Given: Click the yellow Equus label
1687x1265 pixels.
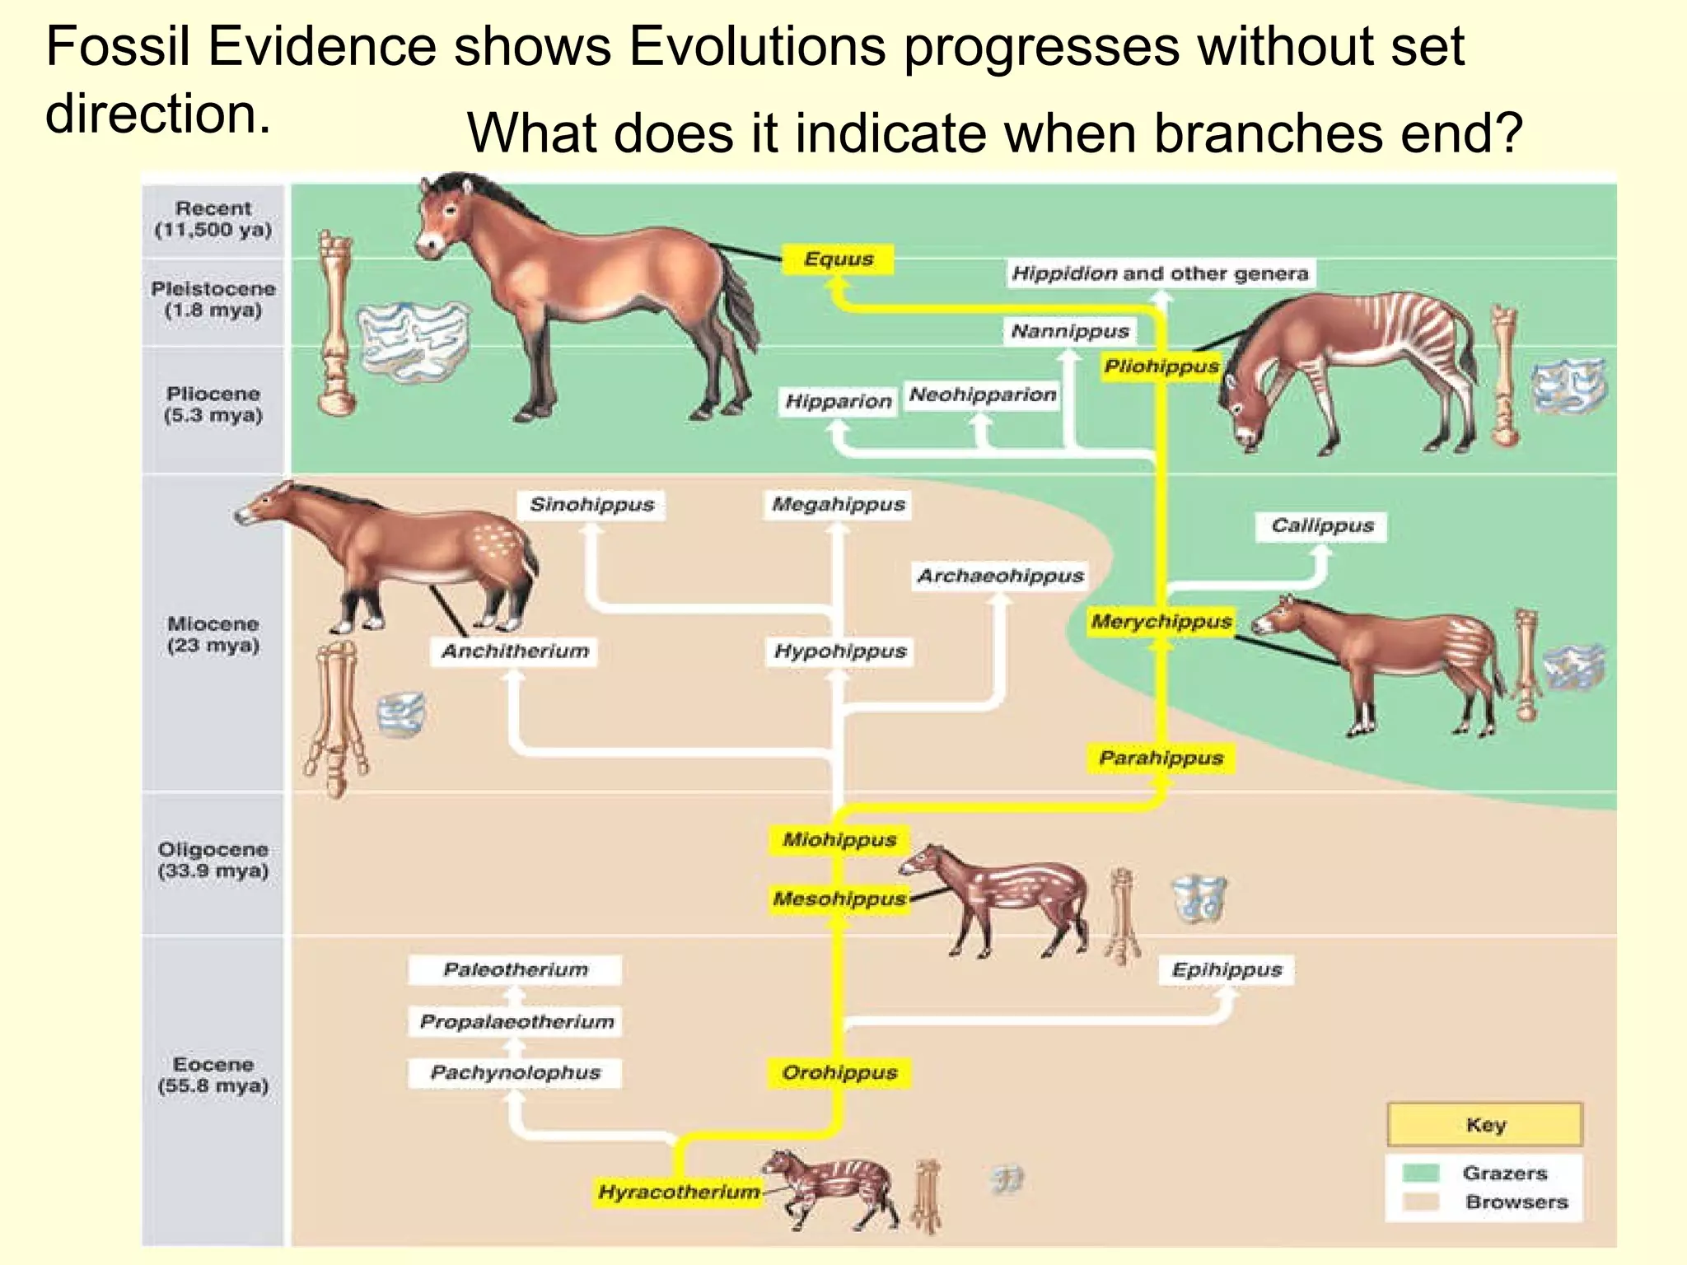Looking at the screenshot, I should [x=838, y=259].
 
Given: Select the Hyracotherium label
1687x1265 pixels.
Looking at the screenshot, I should [x=679, y=1192].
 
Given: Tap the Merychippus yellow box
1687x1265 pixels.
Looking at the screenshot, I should [x=1161, y=622].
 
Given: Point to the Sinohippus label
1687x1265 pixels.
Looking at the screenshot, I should [x=591, y=505].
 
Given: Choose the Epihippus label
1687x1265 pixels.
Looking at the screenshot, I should [x=1227, y=970].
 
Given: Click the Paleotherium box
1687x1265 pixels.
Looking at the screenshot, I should [x=515, y=970].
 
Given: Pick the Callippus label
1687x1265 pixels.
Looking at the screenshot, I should [x=1321, y=526].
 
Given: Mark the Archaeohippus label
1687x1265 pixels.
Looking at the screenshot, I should [x=1000, y=576].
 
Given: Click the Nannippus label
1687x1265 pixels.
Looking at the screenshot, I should [x=1069, y=331].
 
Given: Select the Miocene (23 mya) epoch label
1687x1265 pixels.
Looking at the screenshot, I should [x=213, y=634].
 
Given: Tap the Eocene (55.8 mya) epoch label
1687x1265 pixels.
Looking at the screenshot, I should [x=213, y=1075].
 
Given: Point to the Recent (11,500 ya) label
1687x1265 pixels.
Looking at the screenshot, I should [x=213, y=219].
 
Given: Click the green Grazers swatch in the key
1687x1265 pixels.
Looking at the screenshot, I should [x=1420, y=1173].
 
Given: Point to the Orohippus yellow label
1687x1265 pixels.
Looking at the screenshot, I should [x=839, y=1073].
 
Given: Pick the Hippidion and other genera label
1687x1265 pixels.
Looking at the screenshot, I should [x=1159, y=273].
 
